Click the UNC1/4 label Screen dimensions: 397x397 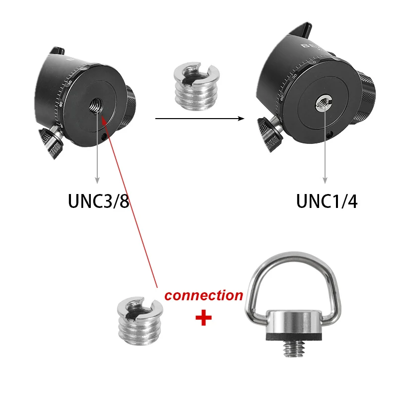[327, 201]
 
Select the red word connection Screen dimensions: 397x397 [203, 295]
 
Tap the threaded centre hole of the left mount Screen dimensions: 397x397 [95, 105]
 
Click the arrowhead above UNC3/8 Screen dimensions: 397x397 [97, 179]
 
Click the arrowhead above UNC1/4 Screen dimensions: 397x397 [326, 179]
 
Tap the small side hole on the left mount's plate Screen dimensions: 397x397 [103, 137]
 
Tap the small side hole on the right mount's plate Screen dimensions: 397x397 [331, 133]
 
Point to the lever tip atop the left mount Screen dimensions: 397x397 [59, 50]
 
